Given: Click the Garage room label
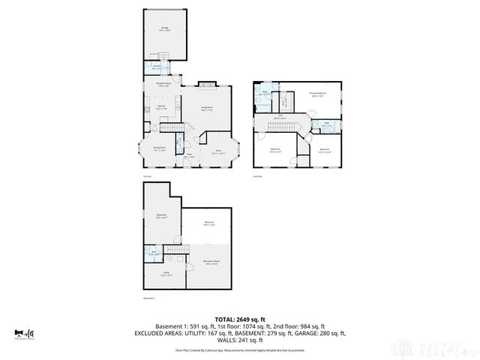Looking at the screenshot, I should (x=163, y=28).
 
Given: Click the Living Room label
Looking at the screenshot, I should (x=205, y=109).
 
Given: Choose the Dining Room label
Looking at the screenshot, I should (x=159, y=148).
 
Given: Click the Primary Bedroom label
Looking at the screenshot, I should (x=316, y=94).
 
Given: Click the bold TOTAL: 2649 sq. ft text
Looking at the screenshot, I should (x=240, y=319).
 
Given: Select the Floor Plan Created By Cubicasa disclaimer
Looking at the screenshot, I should (x=240, y=349).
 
